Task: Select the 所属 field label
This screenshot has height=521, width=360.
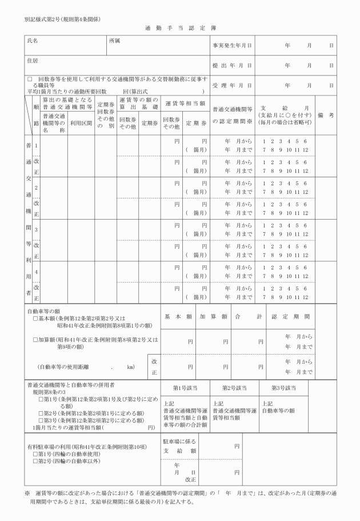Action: click(x=114, y=41)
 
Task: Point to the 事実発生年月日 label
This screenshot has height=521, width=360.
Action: click(x=233, y=45)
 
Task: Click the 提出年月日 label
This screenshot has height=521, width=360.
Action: click(x=233, y=65)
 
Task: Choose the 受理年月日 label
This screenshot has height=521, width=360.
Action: click(x=233, y=85)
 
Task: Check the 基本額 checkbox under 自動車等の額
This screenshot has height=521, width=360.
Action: click(x=35, y=318)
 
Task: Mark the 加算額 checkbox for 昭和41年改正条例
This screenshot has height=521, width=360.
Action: click(x=35, y=339)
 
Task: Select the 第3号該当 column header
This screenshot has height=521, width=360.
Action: click(x=283, y=388)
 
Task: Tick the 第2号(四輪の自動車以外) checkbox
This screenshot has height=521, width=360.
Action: click(x=35, y=460)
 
